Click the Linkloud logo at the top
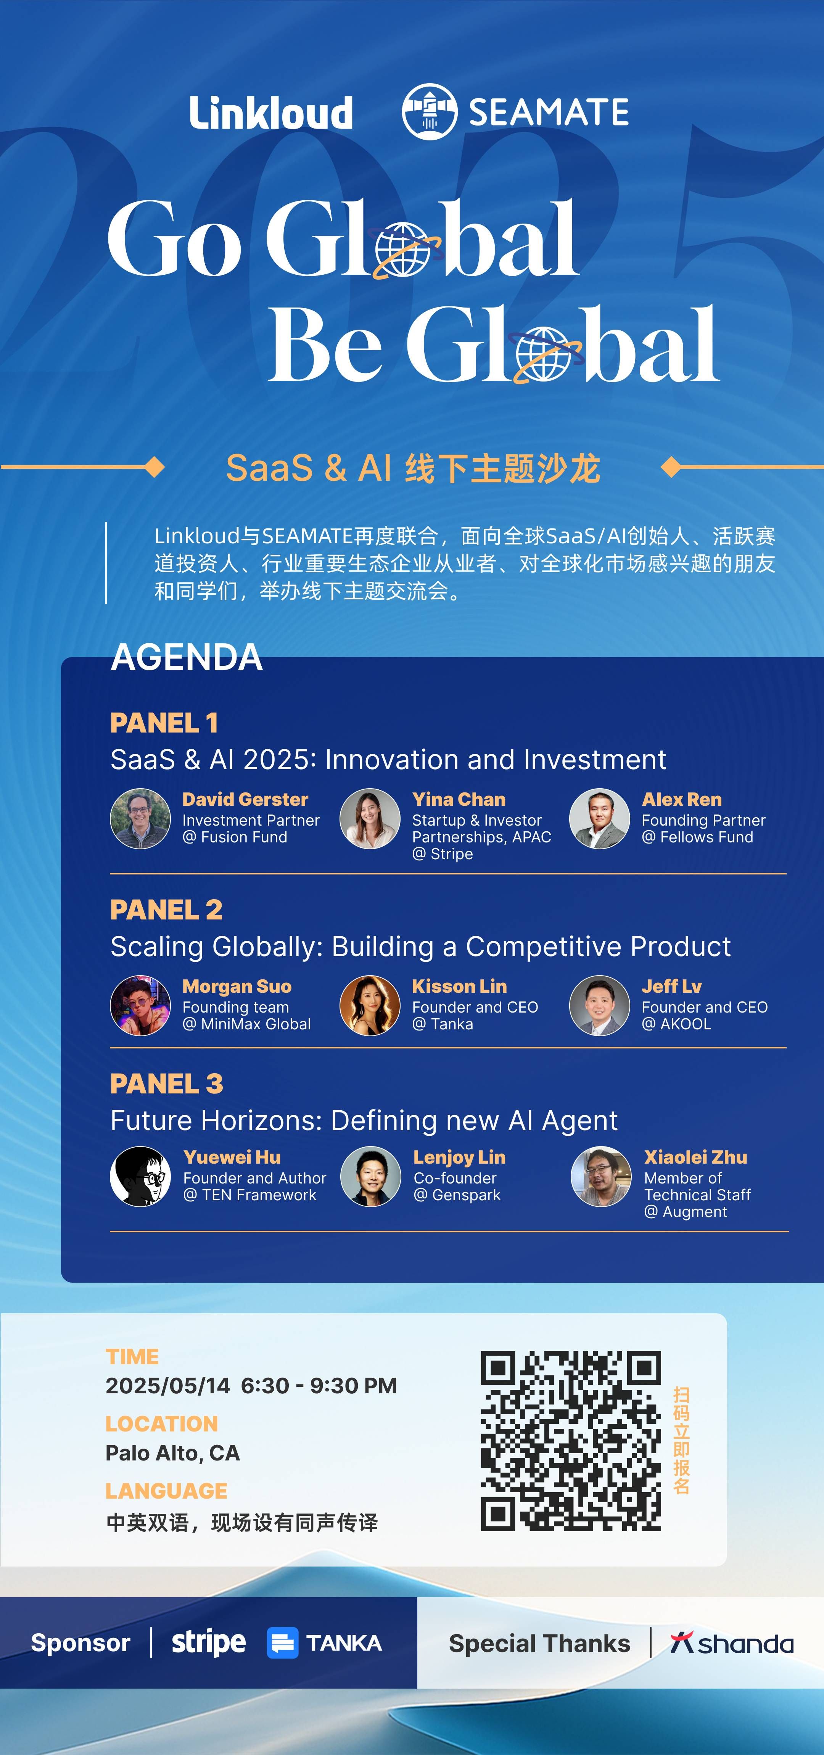(x=271, y=113)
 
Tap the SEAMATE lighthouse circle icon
(x=429, y=112)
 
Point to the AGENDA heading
(x=187, y=657)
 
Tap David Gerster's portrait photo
(x=140, y=819)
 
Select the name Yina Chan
(x=459, y=799)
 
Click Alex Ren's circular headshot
(x=599, y=819)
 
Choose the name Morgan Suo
(x=237, y=987)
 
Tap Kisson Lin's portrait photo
(x=370, y=1006)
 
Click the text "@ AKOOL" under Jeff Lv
(x=676, y=1024)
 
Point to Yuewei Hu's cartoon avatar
(x=140, y=1177)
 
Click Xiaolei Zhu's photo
(x=600, y=1177)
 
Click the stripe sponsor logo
(x=208, y=1642)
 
